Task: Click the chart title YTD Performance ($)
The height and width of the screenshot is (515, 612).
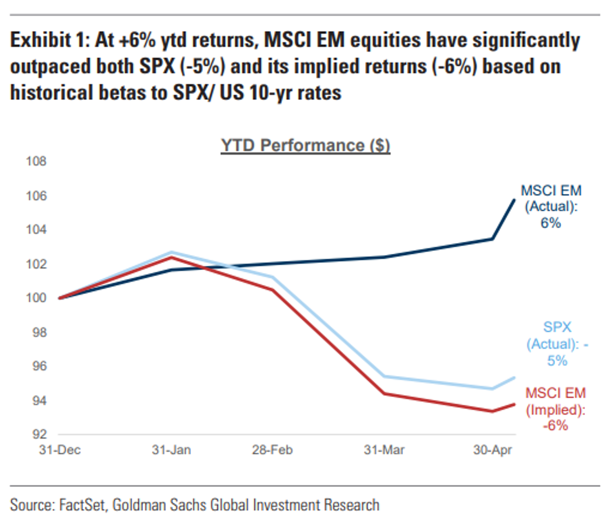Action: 305,146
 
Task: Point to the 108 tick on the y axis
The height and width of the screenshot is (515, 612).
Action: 36,161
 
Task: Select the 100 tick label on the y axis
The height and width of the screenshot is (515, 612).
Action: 36,298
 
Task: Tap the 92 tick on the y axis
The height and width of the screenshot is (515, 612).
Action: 39,434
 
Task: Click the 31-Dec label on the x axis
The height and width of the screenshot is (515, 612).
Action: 60,450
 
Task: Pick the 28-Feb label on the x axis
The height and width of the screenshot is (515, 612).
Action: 272,450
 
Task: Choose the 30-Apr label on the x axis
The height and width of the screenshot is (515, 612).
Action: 492,450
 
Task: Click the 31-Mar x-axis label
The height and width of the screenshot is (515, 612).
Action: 384,450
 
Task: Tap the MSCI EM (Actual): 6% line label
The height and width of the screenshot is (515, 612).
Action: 551,206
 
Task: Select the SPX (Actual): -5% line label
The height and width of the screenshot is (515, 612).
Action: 557,344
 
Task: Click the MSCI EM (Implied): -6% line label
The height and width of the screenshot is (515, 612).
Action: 555,409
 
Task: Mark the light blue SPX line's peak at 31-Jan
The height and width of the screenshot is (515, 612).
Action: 172,252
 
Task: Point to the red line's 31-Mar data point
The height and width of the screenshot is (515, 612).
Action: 384,393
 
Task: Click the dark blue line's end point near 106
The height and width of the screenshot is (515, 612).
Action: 514,200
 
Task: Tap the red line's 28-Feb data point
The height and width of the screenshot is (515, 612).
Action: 272,290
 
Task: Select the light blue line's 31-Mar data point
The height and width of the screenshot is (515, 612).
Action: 384,376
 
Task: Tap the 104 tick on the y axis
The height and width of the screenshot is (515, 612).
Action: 36,230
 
